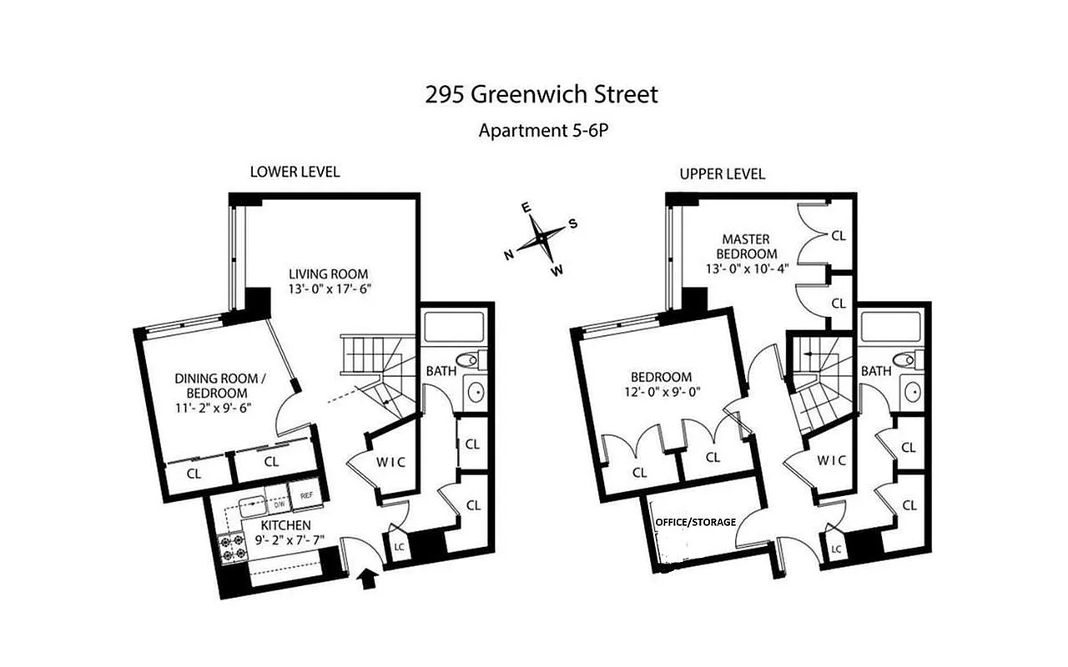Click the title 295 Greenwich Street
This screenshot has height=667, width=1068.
542,95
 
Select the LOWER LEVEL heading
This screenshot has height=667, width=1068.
295,173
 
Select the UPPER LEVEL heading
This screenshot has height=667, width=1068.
722,174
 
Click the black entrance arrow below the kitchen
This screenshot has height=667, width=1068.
367,579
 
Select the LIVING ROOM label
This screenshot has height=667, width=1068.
328,273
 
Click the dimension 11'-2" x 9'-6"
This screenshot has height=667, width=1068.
213,408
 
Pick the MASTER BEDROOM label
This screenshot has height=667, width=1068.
746,246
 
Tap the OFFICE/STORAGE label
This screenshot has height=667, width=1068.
696,522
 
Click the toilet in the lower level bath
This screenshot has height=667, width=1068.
472,362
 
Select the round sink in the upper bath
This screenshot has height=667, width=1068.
911,391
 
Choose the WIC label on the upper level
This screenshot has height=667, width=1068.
831,460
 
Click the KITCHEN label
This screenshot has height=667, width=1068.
286,525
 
